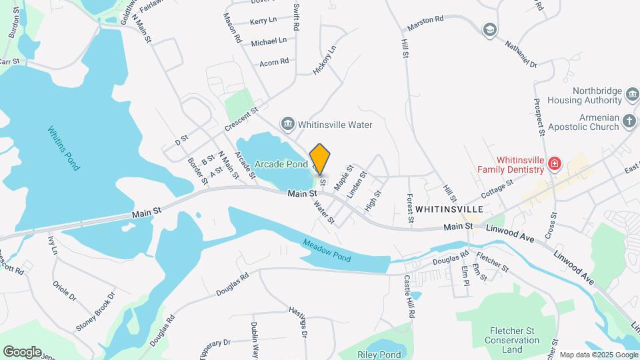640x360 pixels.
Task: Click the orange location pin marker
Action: [320, 159]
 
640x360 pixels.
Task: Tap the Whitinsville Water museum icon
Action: [288, 124]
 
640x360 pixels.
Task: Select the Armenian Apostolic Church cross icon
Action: [629, 121]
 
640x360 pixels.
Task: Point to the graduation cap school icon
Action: [490, 30]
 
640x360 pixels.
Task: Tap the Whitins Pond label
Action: [64, 148]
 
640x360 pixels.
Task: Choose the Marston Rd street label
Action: [425, 20]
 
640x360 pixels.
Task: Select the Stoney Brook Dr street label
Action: [95, 311]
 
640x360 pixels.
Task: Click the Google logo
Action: [22, 351]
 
